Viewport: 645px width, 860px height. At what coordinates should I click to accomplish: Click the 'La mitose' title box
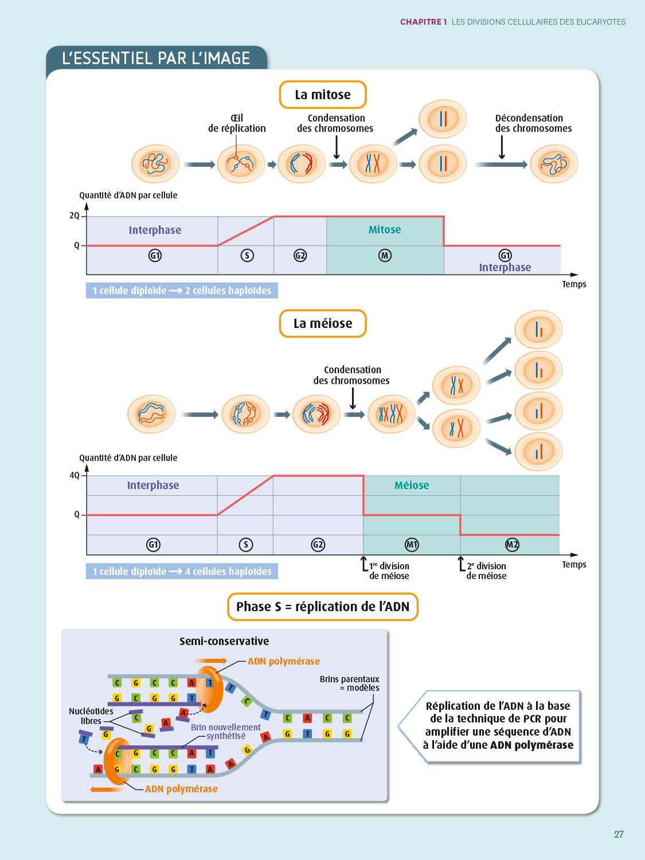323,95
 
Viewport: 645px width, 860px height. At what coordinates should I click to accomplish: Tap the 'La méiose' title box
323,323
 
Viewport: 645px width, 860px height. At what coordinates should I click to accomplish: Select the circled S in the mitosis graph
247,255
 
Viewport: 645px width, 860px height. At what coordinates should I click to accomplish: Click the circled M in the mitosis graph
385,255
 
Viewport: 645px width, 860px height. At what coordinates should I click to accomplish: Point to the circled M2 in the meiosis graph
512,545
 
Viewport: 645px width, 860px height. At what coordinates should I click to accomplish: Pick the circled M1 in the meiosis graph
412,545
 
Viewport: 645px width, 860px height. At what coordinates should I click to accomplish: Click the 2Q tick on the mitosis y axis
75,216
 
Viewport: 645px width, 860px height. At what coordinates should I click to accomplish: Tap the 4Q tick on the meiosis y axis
75,475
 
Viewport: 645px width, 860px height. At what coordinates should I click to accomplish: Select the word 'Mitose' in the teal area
385,229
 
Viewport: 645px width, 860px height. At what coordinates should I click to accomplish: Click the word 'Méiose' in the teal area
412,485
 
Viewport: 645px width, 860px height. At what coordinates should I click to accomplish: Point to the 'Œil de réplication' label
237,123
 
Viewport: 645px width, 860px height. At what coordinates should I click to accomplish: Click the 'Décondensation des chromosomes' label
533,123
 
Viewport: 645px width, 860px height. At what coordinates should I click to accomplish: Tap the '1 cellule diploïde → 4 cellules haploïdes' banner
182,571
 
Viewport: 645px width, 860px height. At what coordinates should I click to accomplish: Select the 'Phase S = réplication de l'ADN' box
323,607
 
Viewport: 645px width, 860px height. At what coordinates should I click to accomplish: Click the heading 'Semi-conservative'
224,641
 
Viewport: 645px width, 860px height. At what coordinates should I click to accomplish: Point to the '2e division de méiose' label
486,570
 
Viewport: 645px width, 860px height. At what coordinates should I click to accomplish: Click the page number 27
619,834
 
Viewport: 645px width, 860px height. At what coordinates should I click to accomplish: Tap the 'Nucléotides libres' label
91,716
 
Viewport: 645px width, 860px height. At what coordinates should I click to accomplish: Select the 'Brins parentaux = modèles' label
349,683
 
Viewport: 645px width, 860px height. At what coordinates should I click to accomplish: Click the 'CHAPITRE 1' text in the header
423,22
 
